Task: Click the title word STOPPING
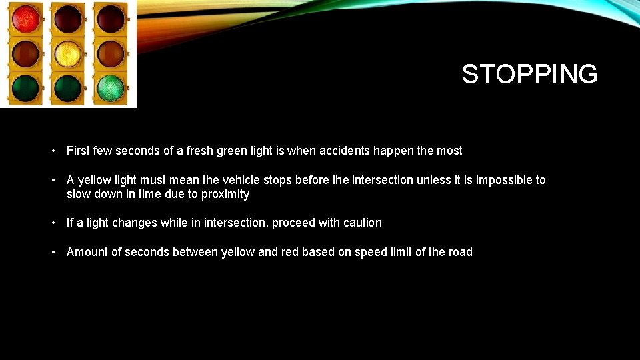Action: point(529,74)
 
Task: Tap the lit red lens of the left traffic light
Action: point(25,19)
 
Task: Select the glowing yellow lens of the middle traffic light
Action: point(67,53)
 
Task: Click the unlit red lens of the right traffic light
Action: point(110,19)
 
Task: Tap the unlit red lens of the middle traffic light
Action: point(67,19)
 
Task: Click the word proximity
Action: point(225,194)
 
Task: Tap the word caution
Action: point(362,223)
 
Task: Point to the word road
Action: point(460,252)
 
